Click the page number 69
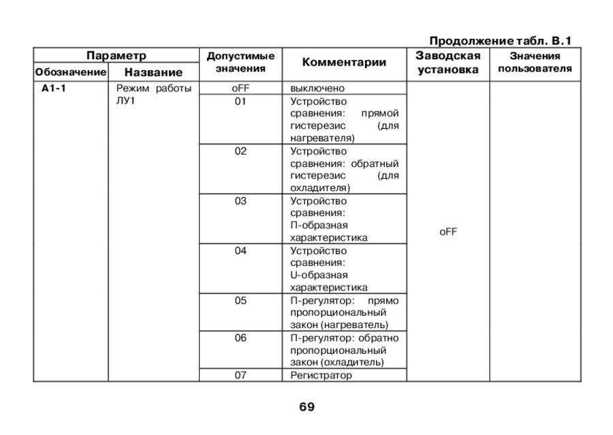pos(306,407)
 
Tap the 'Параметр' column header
pos(116,55)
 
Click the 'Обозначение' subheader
pos(71,72)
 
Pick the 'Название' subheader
pos(153,72)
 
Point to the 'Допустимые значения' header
pos(240,62)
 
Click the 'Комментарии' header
pos(344,62)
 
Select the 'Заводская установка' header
pos(447,62)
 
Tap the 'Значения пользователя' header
pos(535,62)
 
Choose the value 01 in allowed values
pos(240,102)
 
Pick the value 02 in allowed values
pos(240,151)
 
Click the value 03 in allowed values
pos(240,201)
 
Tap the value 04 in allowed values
pos(240,251)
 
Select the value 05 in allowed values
pos(240,301)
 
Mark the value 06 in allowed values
pos(240,338)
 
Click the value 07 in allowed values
pos(240,375)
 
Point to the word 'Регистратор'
pos(321,375)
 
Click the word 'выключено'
pos(317,89)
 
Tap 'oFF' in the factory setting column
pos(448,232)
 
